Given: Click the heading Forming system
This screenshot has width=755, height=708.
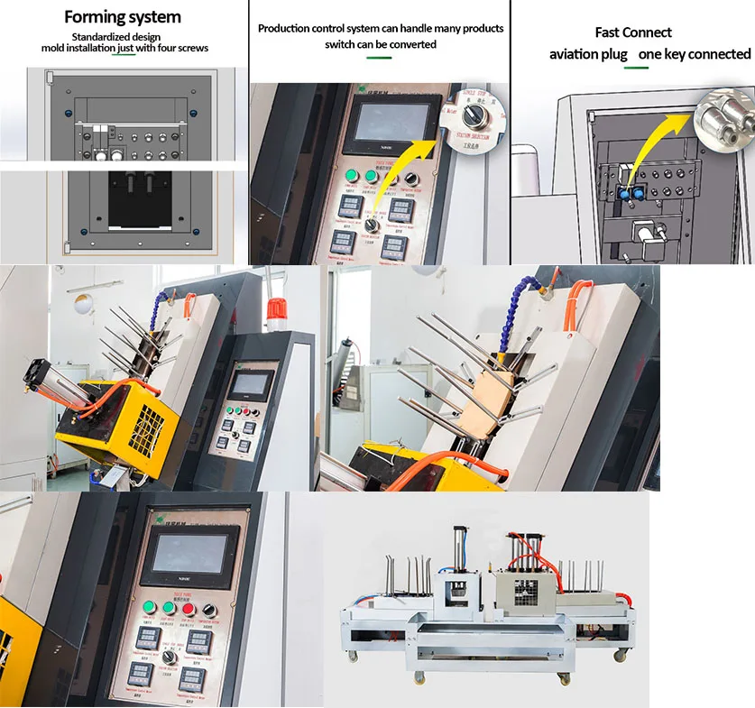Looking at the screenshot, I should (x=123, y=17).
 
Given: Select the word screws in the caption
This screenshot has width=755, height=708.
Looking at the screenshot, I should (x=191, y=48).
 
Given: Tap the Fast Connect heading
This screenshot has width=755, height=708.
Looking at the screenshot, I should (x=633, y=32).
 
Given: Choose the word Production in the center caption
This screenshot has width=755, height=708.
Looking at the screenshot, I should (x=289, y=29).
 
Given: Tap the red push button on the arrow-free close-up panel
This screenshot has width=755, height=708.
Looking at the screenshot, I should (x=189, y=609).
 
